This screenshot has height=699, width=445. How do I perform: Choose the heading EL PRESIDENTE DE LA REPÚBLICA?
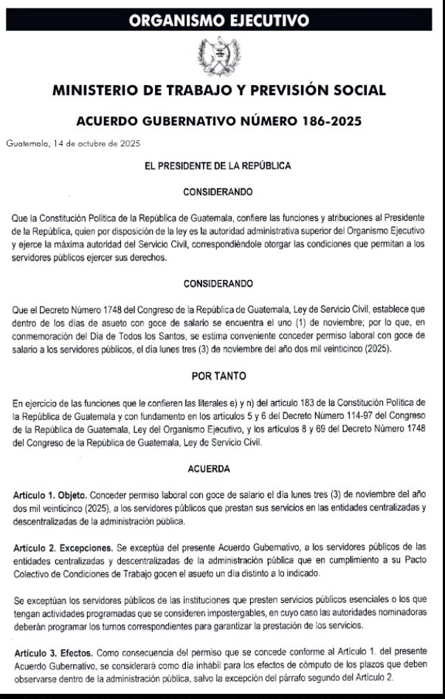click(x=218, y=167)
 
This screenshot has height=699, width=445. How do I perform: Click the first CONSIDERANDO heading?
click(x=218, y=191)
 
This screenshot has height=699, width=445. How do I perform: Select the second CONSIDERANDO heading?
click(x=218, y=283)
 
